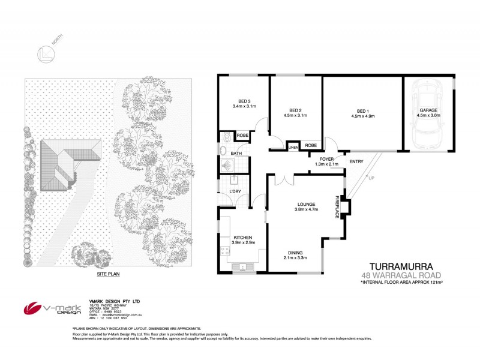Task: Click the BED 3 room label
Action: (x=244, y=101)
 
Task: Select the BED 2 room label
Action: (x=294, y=110)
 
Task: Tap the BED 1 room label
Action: (x=362, y=110)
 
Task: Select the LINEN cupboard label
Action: (x=293, y=147)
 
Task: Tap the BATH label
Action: (x=236, y=154)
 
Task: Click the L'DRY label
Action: (x=235, y=191)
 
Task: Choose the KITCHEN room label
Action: (x=244, y=238)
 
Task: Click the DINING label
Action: (x=295, y=253)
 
